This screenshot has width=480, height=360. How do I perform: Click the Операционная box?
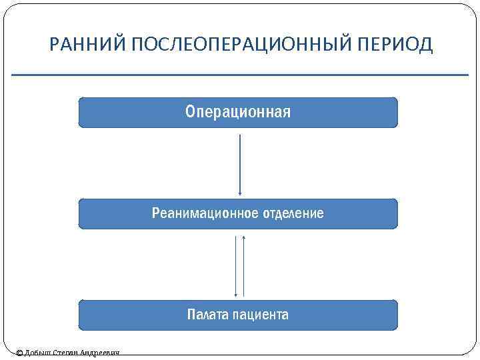pyautogui.click(x=238, y=112)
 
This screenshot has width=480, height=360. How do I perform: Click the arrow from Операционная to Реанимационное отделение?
pyautogui.click(x=239, y=163)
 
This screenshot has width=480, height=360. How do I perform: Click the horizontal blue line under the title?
pyautogui.click(x=240, y=75)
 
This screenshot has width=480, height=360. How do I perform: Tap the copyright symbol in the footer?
pyautogui.click(x=19, y=353)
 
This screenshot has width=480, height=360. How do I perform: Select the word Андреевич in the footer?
pyautogui.click(x=100, y=353)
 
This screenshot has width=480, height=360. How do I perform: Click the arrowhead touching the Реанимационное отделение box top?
pyautogui.click(x=239, y=195)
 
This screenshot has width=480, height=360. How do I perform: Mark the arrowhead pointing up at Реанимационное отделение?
pyautogui.click(x=244, y=235)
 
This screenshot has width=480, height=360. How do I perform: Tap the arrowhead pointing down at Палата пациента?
pyautogui.click(x=236, y=294)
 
